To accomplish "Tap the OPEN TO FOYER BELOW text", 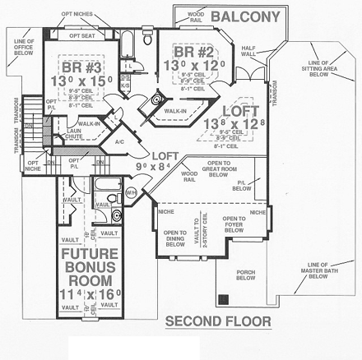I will pyautogui.click(x=235, y=225).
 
